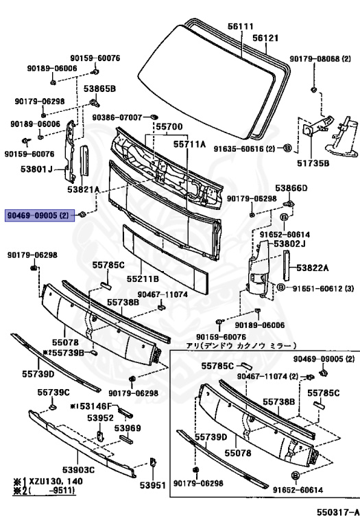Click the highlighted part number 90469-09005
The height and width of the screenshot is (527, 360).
[32, 215]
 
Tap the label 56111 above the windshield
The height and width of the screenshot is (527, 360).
[241, 26]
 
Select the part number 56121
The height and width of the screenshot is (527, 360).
[265, 38]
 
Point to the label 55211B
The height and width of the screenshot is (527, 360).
[143, 279]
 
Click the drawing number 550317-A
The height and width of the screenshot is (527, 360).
[338, 512]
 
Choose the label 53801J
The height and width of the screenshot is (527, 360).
[36, 169]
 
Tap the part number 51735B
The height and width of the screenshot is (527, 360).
[313, 163]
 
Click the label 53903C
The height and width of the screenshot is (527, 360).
[78, 469]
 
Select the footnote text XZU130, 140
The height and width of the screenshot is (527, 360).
[56, 481]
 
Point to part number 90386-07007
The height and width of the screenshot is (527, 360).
[117, 117]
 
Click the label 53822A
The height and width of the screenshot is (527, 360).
[313, 268]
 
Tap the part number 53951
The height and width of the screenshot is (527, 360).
[153, 485]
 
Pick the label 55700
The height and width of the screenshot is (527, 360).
[169, 127]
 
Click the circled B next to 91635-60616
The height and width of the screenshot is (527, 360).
[287, 148]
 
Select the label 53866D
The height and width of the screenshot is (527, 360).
[291, 188]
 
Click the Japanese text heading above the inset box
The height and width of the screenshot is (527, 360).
[241, 346]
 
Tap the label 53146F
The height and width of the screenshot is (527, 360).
[95, 407]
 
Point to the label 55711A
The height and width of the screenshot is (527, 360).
[189, 144]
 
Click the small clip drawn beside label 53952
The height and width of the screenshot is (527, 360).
[100, 436]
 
